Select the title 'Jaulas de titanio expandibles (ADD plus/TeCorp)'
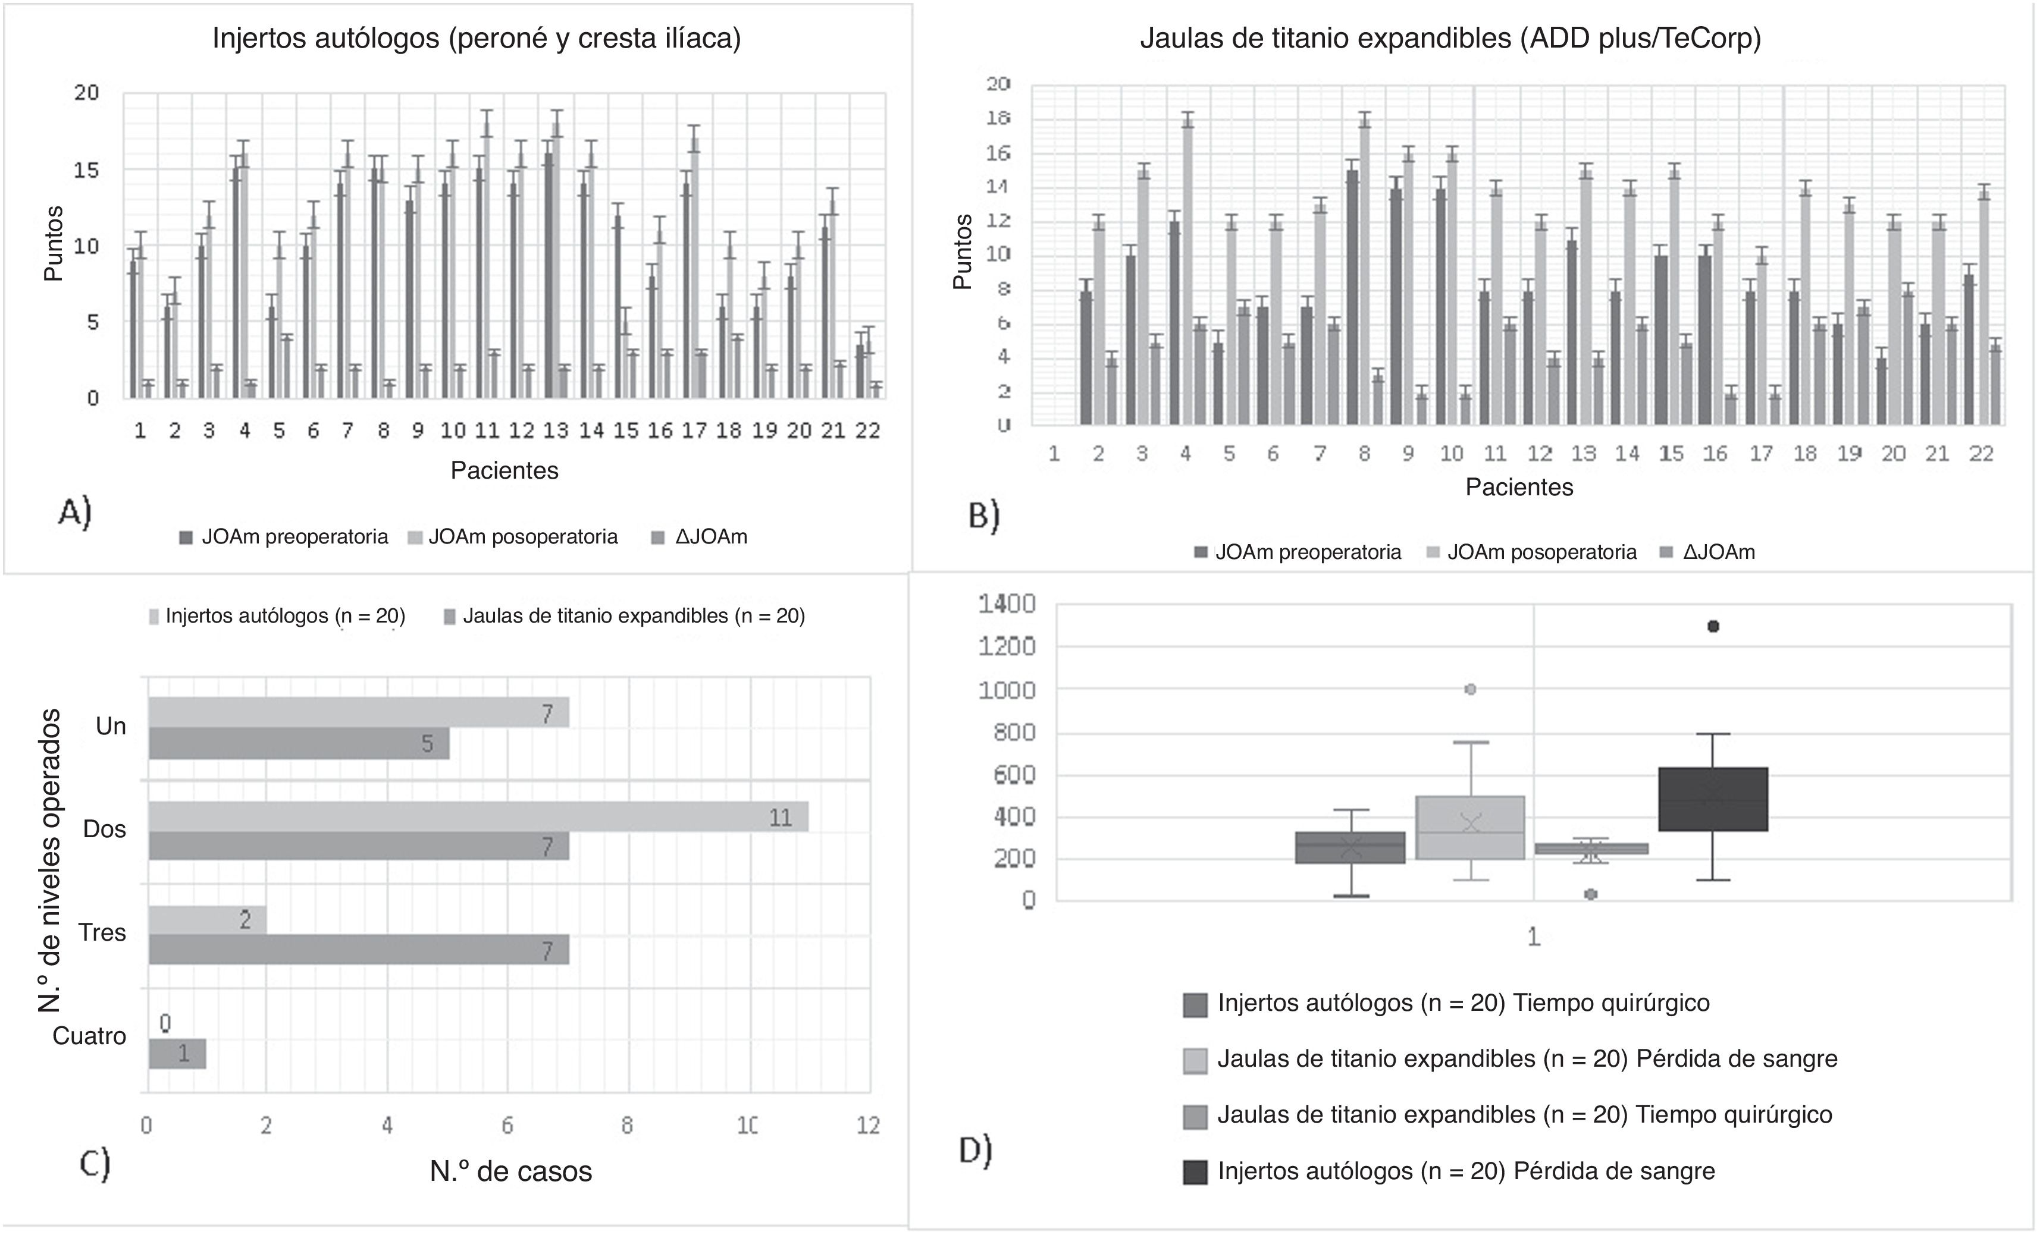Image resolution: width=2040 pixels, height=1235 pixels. (x=1450, y=39)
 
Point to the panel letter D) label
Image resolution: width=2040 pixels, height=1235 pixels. (x=975, y=1149)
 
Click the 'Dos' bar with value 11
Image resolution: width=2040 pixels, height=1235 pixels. (x=478, y=817)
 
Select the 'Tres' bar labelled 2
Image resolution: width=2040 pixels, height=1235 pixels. (x=207, y=920)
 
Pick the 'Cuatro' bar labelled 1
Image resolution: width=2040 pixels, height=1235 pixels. (x=177, y=1054)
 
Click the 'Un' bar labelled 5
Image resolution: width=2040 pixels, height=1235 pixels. (x=299, y=743)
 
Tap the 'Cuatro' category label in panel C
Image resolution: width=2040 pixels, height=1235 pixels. (x=89, y=1036)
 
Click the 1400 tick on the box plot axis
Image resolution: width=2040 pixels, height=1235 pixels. (x=1007, y=604)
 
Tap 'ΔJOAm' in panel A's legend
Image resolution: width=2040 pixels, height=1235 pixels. (x=710, y=537)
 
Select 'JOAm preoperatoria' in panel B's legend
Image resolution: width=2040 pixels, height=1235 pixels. (x=1307, y=552)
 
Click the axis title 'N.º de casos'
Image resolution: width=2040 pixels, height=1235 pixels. (x=511, y=1171)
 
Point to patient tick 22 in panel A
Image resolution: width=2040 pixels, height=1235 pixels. (x=867, y=430)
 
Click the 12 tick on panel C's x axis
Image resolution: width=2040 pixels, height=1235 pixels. (x=867, y=1126)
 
